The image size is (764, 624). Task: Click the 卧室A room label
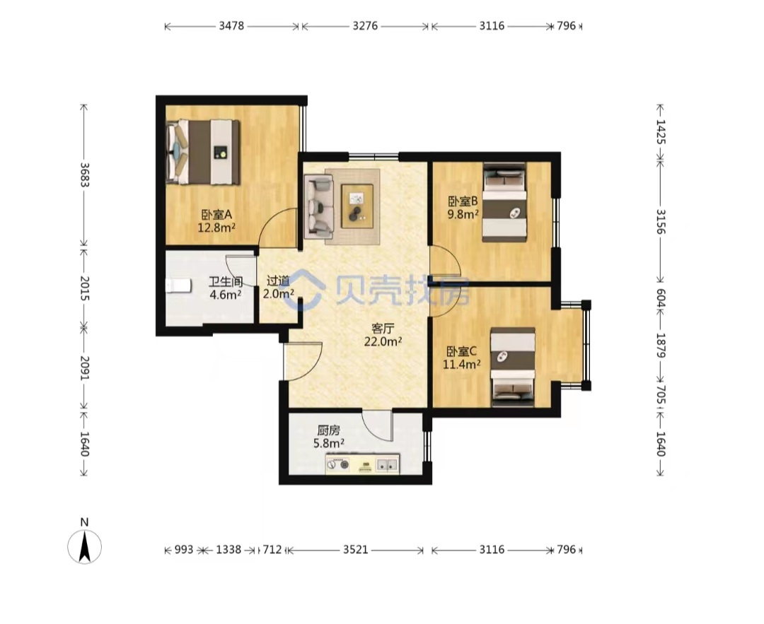point(217,214)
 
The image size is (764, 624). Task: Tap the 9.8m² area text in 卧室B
point(463,214)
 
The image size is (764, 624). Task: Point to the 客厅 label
point(383,328)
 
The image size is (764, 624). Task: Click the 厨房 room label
point(329,430)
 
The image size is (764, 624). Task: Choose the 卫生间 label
point(226,281)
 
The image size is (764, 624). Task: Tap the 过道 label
point(278,281)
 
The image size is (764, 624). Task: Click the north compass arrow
point(85,546)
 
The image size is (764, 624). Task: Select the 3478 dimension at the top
point(231,26)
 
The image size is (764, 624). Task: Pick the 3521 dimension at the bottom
point(356,550)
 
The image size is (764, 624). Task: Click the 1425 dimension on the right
point(660,131)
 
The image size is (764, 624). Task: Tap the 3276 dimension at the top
point(365,26)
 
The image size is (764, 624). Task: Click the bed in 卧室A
point(203,152)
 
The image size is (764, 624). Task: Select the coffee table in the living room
point(357,206)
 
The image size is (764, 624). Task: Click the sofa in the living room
point(318,206)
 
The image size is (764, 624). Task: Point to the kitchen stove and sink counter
point(362,464)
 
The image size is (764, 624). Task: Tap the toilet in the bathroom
point(178,285)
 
